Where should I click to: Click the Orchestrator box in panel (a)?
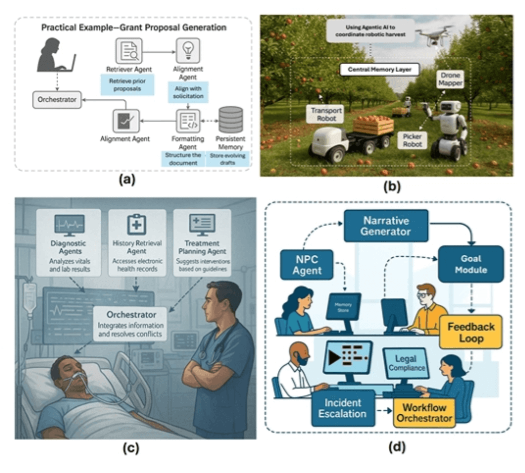point(57,100)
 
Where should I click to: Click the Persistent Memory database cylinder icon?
point(230,120)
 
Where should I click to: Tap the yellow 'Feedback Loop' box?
point(471,332)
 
